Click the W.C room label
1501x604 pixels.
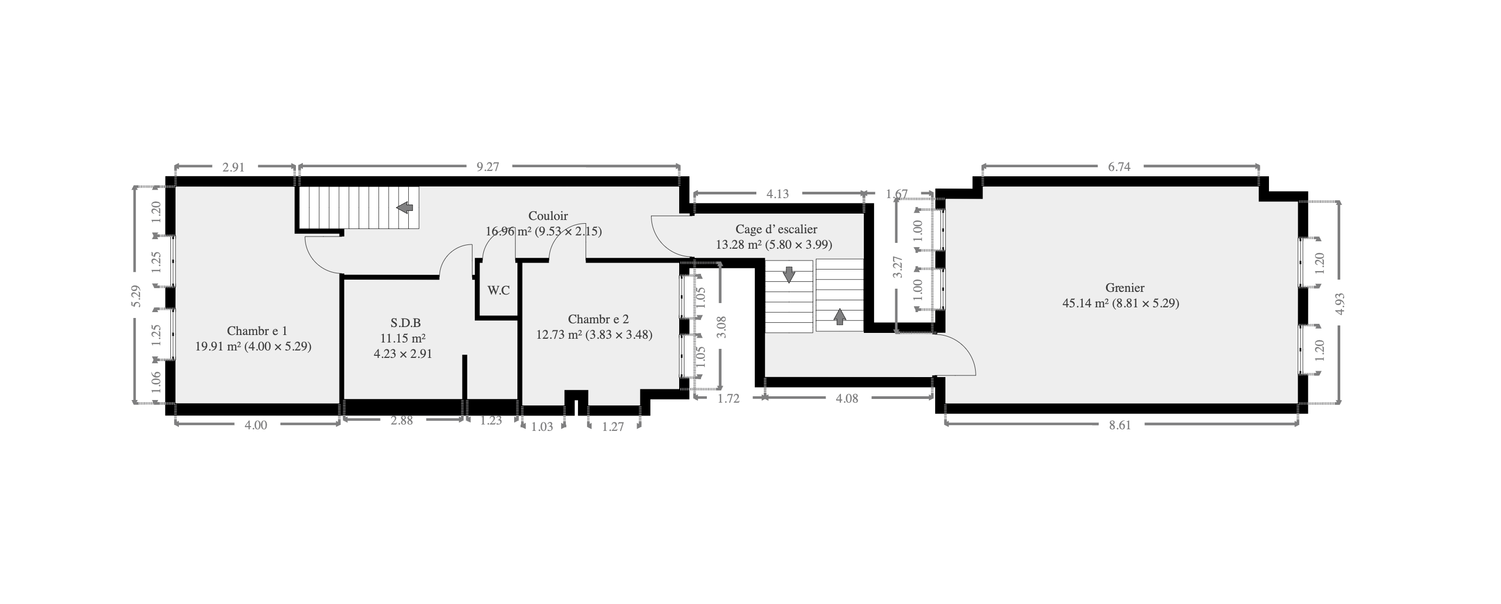coord(499,290)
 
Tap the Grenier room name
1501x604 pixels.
coord(1125,288)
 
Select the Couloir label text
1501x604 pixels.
coord(548,216)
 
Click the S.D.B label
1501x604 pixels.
coord(406,323)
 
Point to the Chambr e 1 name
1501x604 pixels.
coord(257,331)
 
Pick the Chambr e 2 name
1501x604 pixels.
coord(598,320)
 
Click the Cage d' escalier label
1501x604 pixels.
coord(776,230)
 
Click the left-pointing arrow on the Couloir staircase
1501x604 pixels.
coord(405,208)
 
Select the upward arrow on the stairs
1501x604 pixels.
coord(839,316)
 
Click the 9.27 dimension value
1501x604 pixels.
coord(488,167)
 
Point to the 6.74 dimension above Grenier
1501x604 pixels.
coord(1119,167)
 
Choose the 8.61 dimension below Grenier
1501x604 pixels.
coord(1120,425)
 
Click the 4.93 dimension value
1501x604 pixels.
coord(1340,303)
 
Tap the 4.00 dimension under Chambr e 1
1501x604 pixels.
coord(256,425)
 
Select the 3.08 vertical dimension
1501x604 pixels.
coord(721,327)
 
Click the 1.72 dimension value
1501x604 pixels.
coord(728,399)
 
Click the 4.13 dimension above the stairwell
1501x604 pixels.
coord(778,194)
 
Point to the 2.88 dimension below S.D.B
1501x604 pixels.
coord(402,420)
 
